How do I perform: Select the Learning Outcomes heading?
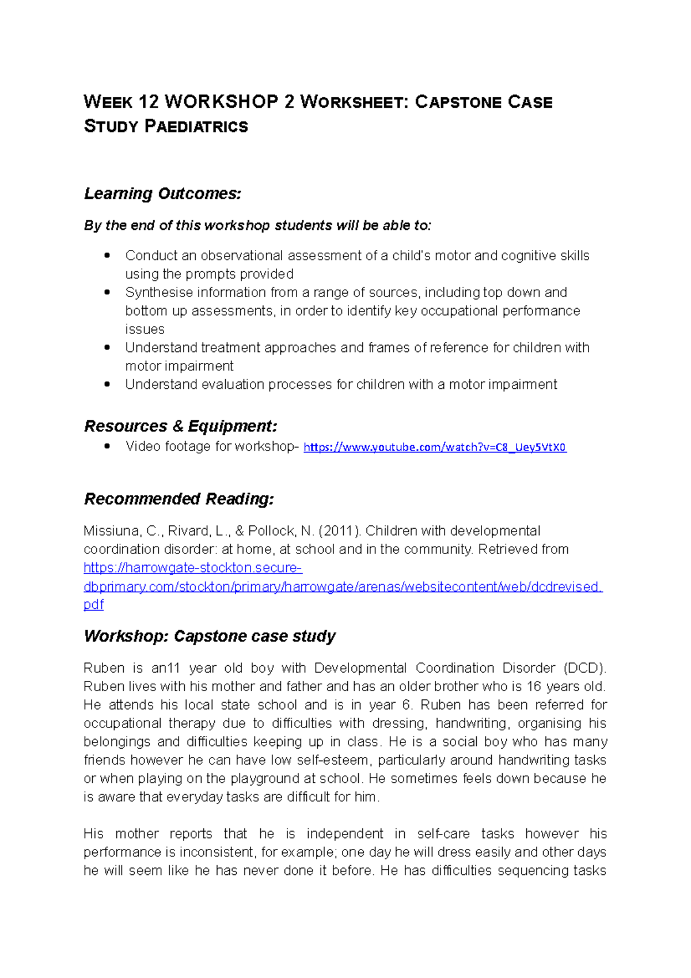(162, 194)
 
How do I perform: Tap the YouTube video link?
(435, 447)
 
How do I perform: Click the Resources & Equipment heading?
(180, 426)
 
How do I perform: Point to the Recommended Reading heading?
(179, 499)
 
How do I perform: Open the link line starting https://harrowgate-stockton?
(193, 567)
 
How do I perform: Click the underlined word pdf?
(93, 604)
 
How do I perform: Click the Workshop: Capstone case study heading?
(210, 636)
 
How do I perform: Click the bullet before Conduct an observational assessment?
(107, 255)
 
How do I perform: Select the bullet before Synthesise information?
(107, 292)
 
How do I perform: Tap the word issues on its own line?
(145, 329)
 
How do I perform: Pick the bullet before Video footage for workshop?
(107, 446)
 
